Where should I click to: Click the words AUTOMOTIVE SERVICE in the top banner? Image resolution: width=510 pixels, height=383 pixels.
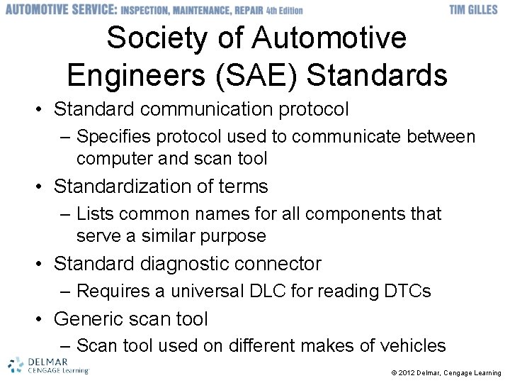(x=61, y=10)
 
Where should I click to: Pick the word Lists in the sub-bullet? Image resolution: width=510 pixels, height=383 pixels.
(x=93, y=213)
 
